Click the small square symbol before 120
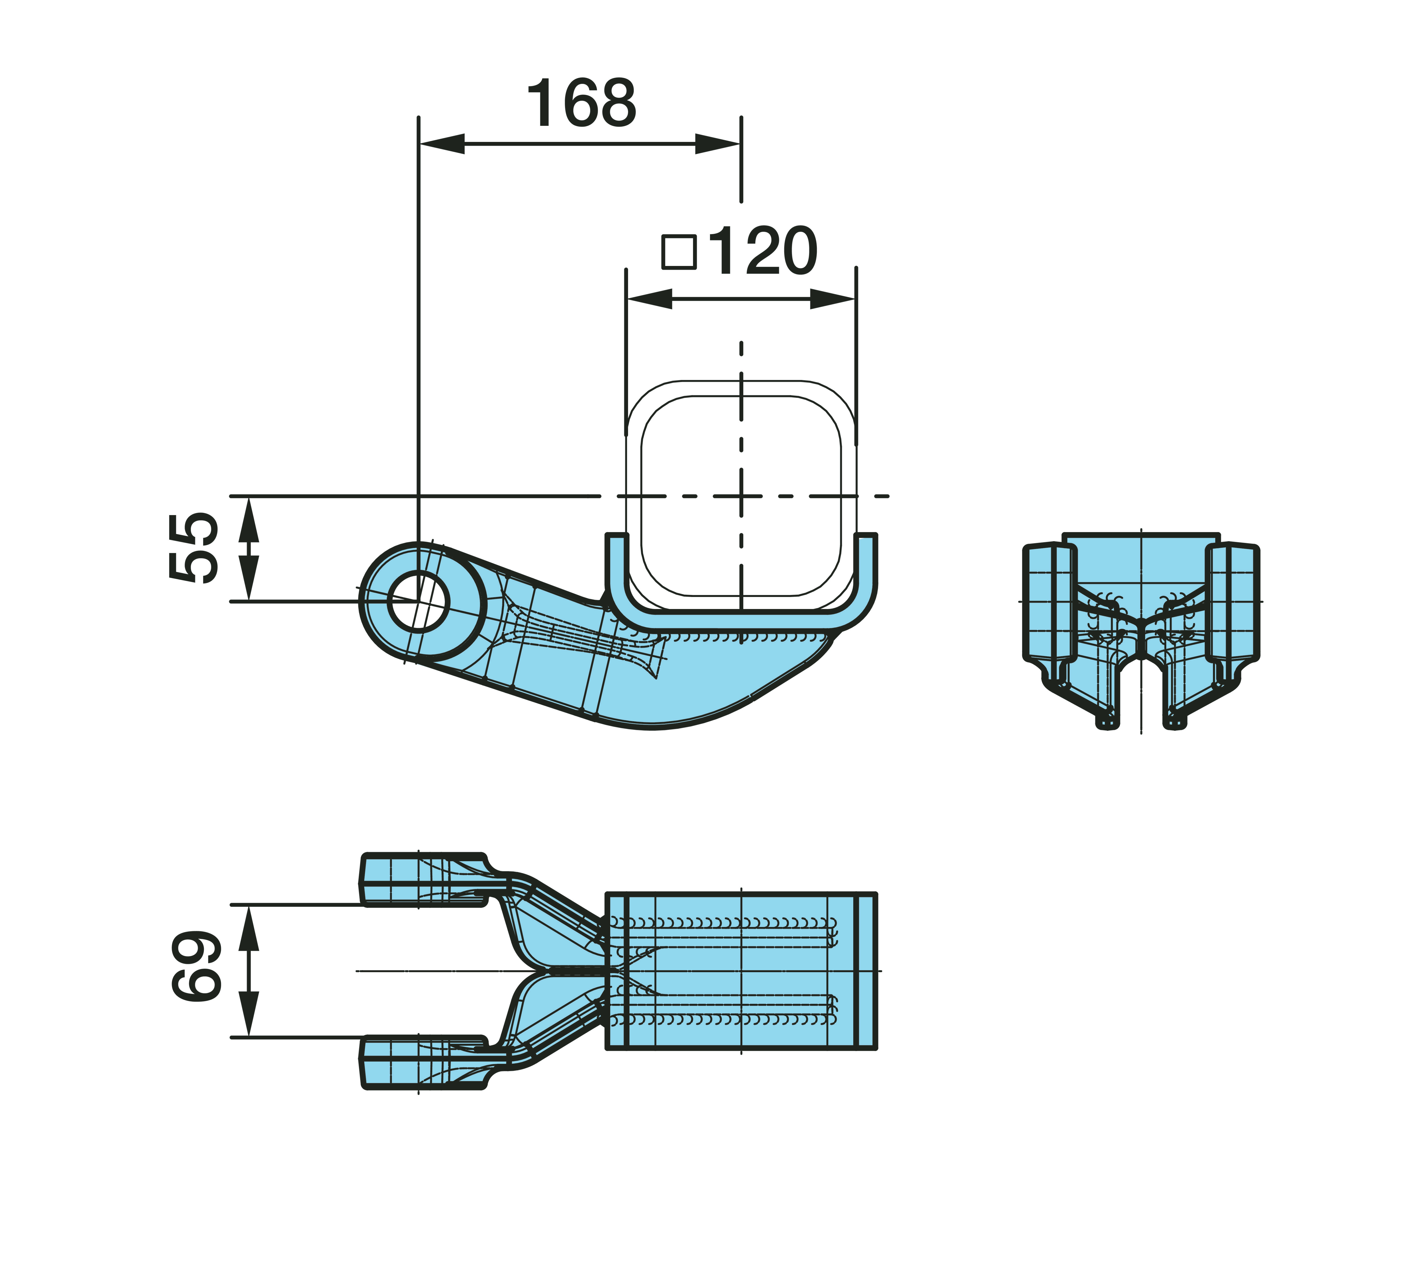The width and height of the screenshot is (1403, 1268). (679, 252)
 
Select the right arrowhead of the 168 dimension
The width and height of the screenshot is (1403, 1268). (718, 144)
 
